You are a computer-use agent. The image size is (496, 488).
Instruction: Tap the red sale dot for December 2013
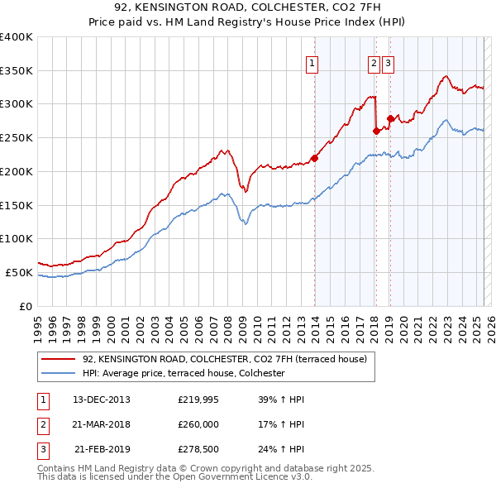314,158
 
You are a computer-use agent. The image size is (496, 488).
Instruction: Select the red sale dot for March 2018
376,131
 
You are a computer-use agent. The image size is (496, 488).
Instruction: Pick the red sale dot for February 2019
390,118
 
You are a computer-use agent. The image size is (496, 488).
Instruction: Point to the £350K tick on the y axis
17,70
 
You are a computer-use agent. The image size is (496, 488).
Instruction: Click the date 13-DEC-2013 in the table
102,399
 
